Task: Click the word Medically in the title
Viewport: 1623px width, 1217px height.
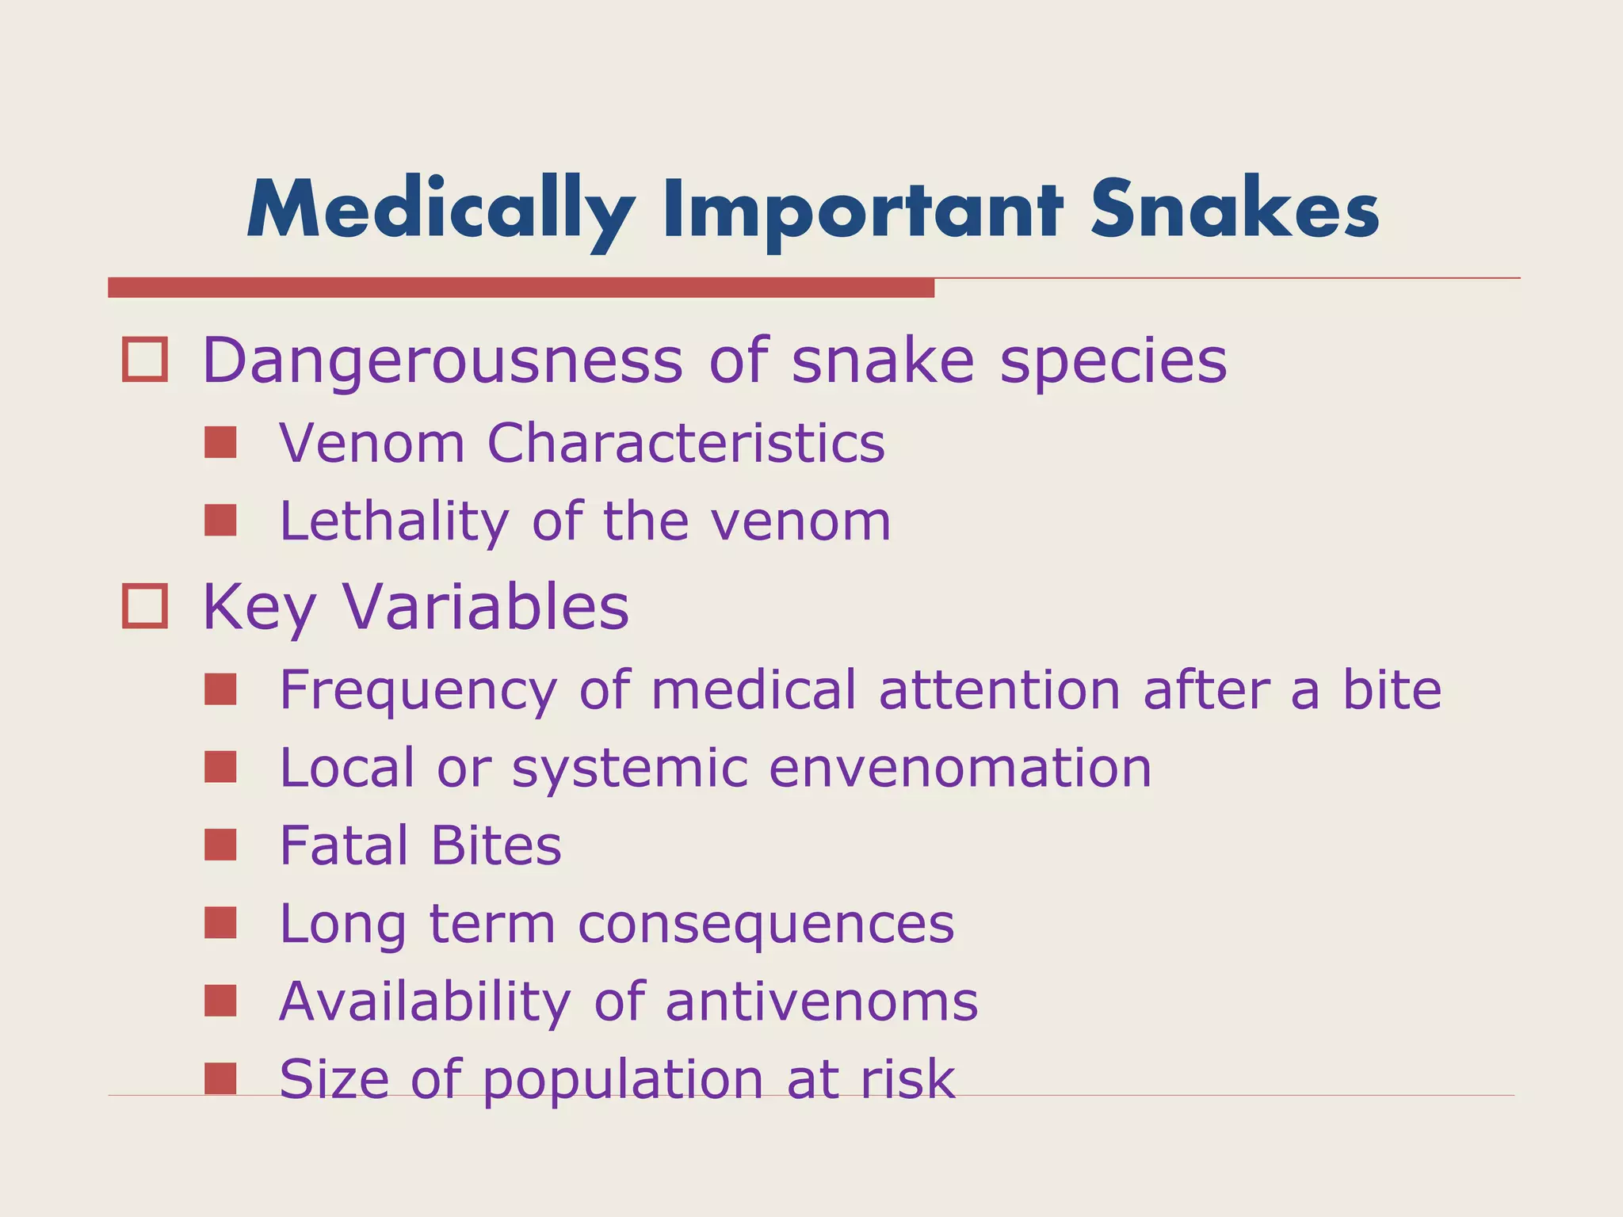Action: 441,209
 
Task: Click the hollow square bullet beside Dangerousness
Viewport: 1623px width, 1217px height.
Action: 145,361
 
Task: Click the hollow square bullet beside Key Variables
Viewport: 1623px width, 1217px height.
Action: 145,606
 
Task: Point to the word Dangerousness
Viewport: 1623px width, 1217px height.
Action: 442,361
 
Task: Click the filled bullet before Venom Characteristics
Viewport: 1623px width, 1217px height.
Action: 220,443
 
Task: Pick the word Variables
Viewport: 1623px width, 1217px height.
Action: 486,607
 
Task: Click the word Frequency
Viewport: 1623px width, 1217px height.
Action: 418,691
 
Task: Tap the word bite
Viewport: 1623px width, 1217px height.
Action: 1392,689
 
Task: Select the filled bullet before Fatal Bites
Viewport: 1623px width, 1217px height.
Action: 220,845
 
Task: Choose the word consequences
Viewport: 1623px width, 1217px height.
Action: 766,924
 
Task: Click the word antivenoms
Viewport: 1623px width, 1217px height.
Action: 822,1001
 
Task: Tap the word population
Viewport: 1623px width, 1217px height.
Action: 622,1081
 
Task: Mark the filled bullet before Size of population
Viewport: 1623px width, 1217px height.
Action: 220,1079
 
